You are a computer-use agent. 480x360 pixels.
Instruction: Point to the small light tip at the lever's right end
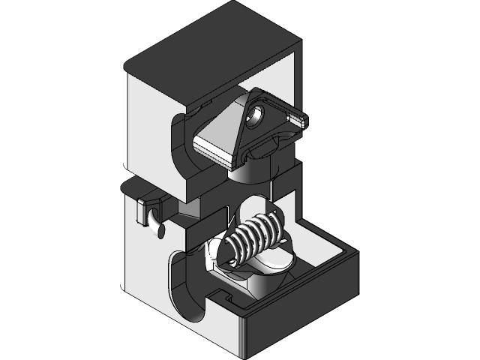coord(299,117)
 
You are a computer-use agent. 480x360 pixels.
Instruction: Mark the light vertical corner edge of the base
coord(243,337)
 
